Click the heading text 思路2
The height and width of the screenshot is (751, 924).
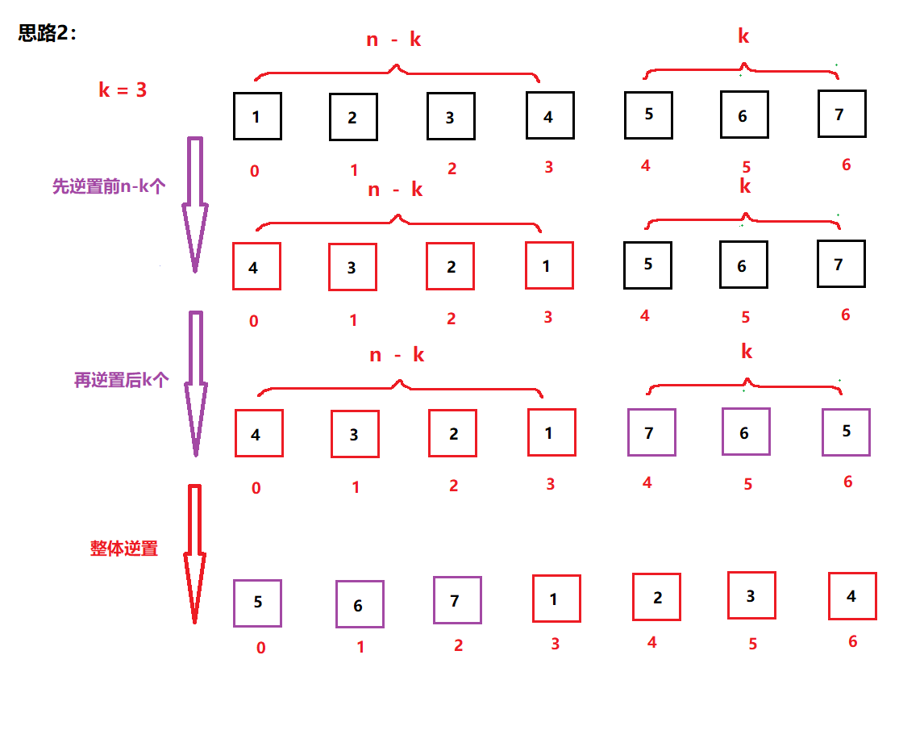tap(48, 33)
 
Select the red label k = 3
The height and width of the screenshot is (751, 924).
tap(123, 90)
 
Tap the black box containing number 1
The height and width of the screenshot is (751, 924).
tap(257, 117)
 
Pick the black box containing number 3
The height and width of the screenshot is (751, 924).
tap(451, 117)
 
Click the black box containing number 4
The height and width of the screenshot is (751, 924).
tap(550, 117)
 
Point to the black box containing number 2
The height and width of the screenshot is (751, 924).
tap(353, 118)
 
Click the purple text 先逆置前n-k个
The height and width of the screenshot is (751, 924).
tap(109, 186)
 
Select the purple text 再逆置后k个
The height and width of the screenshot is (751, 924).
tap(121, 380)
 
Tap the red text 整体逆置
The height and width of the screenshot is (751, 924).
tap(124, 549)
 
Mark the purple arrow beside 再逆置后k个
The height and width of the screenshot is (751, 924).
tap(194, 383)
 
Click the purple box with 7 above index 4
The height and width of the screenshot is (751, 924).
tap(651, 432)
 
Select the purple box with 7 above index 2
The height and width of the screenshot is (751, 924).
tap(457, 600)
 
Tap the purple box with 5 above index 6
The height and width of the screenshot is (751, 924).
tap(846, 432)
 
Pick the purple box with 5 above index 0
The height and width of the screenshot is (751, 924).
tap(257, 603)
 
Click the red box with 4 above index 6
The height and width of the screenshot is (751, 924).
tap(852, 596)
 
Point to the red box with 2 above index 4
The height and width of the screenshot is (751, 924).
tap(656, 597)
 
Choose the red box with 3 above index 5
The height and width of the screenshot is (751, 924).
tap(751, 595)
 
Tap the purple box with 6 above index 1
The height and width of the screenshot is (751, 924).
tap(360, 604)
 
